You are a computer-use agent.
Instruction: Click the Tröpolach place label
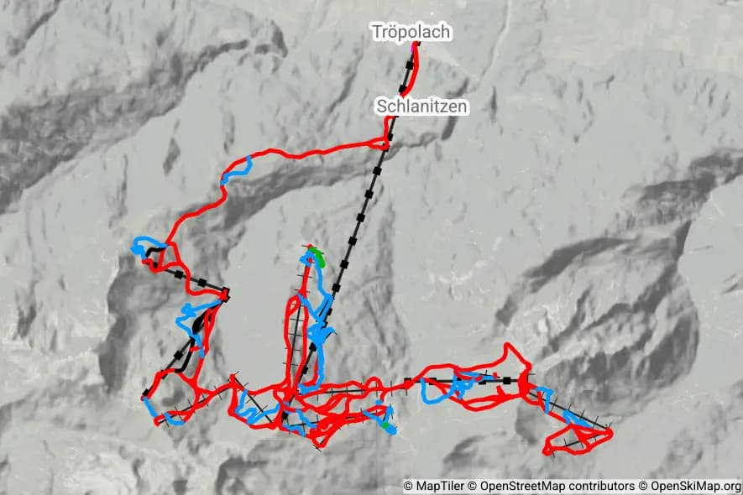(x=411, y=33)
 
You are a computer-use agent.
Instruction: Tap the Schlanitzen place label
(x=421, y=107)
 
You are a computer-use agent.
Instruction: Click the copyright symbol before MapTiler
(x=409, y=486)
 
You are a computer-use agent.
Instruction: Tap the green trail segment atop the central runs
(x=317, y=254)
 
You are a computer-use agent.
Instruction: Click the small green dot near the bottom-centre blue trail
(x=387, y=426)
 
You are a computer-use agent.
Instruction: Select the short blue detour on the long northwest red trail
(x=238, y=170)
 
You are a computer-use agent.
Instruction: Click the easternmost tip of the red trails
(x=611, y=433)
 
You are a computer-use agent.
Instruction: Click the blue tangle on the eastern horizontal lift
(x=460, y=386)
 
